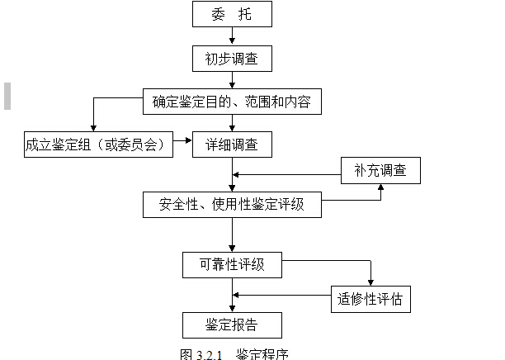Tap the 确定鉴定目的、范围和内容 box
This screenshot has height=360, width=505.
click(x=231, y=102)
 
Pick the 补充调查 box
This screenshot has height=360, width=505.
click(x=380, y=171)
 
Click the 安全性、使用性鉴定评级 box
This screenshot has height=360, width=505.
click(x=231, y=204)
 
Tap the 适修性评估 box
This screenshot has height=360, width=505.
click(x=370, y=297)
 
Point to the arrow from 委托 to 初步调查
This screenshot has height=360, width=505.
click(x=233, y=36)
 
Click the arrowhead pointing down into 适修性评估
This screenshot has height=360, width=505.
click(x=370, y=282)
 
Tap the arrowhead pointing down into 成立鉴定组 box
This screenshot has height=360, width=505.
click(x=93, y=128)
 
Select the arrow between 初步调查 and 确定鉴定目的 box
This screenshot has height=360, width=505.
click(x=233, y=80)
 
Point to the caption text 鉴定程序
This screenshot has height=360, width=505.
click(x=262, y=354)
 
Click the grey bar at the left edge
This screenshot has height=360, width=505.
click(x=7, y=96)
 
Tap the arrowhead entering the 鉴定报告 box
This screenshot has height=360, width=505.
click(x=233, y=309)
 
